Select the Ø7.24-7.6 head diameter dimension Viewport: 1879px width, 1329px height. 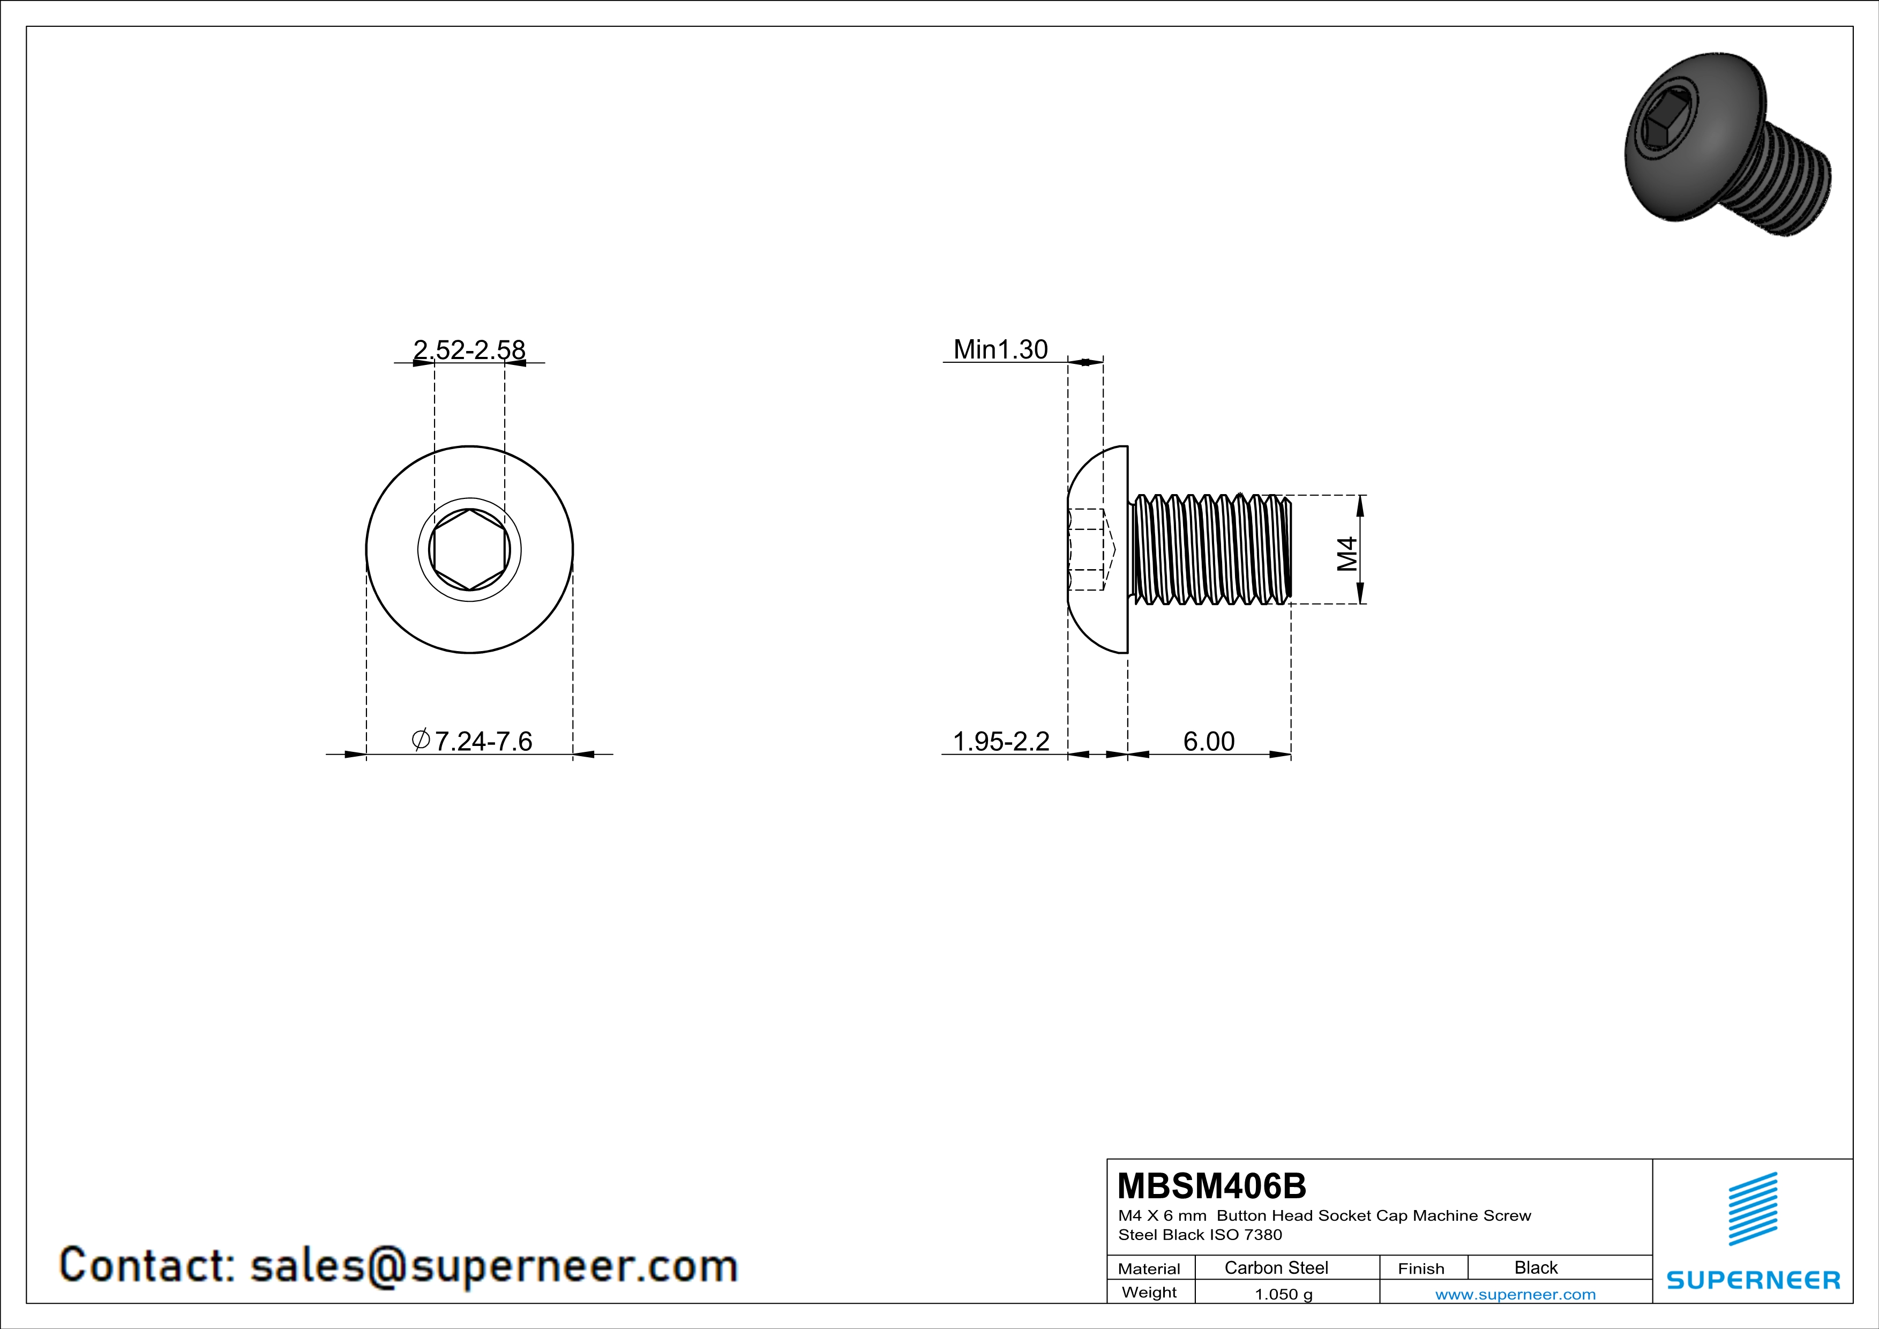[471, 741]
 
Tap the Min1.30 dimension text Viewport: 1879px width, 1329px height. [1000, 349]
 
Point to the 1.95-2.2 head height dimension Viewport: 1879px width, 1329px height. [1001, 741]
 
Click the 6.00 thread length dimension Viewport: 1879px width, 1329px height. [1209, 741]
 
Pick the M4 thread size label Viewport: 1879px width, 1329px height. [1347, 554]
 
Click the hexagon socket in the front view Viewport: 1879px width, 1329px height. [470, 550]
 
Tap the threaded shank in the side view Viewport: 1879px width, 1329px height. [1210, 550]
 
